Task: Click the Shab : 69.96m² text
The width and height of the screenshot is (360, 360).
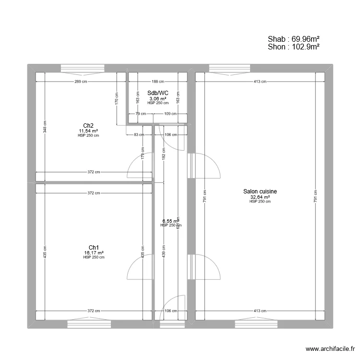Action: tap(294, 39)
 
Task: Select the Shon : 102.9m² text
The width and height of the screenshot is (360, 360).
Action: tap(294, 47)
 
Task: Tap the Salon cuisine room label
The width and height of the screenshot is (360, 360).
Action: tap(260, 192)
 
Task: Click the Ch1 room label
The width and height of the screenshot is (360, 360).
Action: tap(94, 248)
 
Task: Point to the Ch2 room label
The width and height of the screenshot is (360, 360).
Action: tap(88, 126)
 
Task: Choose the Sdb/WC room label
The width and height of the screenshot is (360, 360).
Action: tap(158, 93)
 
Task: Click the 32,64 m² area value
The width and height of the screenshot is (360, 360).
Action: tap(260, 197)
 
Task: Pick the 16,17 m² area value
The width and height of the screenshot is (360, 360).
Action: tap(94, 252)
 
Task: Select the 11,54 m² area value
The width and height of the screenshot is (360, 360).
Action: tap(88, 131)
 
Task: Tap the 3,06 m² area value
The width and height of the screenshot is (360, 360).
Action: tap(158, 98)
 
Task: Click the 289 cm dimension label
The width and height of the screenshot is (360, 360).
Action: tap(80, 82)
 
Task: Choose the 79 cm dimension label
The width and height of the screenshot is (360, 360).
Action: tap(140, 114)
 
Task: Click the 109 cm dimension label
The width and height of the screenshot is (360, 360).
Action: tap(170, 114)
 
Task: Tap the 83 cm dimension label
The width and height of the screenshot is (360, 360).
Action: tap(139, 135)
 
